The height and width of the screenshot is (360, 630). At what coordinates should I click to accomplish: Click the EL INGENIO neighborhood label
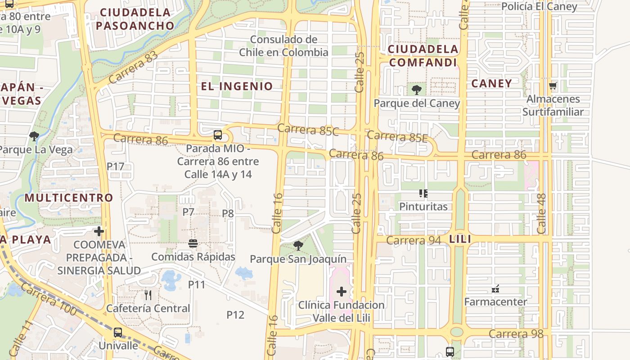click(237, 86)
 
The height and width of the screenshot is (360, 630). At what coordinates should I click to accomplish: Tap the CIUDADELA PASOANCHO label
click(135, 19)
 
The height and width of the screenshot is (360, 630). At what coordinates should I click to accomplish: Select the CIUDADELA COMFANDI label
click(423, 56)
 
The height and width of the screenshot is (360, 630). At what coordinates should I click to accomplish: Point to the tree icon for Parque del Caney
click(417, 90)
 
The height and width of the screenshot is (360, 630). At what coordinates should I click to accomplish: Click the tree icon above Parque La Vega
click(34, 136)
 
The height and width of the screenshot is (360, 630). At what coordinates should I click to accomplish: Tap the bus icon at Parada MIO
click(218, 135)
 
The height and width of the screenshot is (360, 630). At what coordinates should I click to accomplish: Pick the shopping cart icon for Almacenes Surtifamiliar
click(553, 85)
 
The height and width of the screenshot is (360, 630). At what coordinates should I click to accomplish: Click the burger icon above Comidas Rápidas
click(193, 243)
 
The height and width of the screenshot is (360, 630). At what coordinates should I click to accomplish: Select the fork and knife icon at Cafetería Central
click(148, 295)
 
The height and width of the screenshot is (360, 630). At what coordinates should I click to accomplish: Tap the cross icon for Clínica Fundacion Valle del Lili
click(342, 292)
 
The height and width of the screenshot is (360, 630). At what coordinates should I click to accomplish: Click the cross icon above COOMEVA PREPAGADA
click(99, 231)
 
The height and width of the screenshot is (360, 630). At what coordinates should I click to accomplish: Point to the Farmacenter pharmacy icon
click(495, 288)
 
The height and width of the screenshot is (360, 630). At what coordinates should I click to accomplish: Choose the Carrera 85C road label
click(308, 130)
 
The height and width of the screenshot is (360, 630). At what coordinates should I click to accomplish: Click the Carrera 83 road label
click(133, 67)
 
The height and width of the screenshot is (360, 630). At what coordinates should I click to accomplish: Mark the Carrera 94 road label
click(414, 240)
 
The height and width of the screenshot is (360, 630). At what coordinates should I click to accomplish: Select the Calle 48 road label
click(542, 213)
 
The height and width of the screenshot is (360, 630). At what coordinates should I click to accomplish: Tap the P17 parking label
click(115, 166)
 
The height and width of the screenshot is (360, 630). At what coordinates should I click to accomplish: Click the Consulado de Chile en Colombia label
click(283, 46)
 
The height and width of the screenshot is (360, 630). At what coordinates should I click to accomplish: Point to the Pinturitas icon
click(423, 193)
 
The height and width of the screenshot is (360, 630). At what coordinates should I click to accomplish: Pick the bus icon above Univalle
click(118, 333)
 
